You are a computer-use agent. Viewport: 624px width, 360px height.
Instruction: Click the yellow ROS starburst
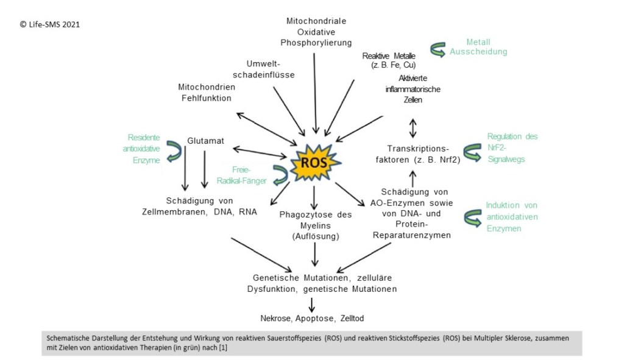314,163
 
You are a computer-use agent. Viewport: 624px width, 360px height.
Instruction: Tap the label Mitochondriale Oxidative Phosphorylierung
316,32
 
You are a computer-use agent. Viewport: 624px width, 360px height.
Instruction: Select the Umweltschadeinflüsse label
271,69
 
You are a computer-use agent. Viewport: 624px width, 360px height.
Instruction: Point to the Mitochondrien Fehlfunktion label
207,92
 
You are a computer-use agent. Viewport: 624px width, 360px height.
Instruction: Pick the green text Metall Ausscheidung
478,47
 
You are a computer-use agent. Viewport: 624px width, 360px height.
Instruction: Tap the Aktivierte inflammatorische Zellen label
413,89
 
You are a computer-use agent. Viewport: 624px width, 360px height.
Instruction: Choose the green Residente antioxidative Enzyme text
144,149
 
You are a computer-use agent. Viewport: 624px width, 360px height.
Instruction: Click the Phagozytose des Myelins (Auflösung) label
315,224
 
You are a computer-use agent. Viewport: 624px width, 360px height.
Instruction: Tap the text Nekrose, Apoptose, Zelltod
313,318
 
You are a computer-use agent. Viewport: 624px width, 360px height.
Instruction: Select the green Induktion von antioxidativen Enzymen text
512,217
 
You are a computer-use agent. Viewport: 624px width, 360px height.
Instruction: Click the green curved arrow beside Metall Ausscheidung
438,49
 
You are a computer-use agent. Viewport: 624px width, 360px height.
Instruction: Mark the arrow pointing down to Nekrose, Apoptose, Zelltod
312,303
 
